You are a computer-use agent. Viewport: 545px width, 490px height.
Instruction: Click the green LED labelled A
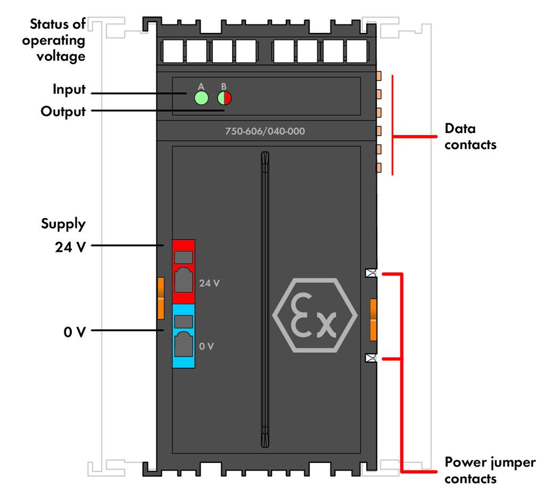(201, 98)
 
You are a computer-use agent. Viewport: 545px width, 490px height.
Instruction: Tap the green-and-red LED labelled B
(224, 98)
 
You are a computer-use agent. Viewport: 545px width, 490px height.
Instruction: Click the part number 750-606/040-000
(265, 131)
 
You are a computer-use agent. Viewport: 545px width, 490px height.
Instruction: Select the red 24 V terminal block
(184, 271)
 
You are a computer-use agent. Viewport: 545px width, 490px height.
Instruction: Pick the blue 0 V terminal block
(184, 336)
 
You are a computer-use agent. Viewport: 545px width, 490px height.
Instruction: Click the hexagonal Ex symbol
(315, 315)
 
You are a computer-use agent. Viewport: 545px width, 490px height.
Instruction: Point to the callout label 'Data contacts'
(470, 136)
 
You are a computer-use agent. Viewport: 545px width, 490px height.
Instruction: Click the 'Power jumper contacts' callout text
(490, 470)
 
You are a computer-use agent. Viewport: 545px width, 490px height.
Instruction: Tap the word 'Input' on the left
(69, 89)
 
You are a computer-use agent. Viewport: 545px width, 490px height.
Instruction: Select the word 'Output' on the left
(63, 112)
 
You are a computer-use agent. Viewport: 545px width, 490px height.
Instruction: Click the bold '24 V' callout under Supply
(70, 247)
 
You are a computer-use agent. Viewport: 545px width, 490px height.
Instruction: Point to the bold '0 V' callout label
(75, 332)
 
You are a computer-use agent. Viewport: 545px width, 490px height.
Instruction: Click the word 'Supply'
(63, 224)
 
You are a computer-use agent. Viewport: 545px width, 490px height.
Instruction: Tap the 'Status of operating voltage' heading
(54, 40)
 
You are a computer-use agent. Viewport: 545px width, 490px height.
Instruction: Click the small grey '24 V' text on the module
(209, 283)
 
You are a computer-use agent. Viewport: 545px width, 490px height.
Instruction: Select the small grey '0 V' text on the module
(206, 346)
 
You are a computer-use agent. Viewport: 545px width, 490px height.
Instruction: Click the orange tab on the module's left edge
(161, 298)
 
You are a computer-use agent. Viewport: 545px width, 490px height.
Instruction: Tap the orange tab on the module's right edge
(373, 319)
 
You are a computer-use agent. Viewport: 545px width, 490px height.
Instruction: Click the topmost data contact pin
(379, 76)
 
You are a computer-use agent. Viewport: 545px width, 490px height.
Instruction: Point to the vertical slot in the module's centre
(265, 300)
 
